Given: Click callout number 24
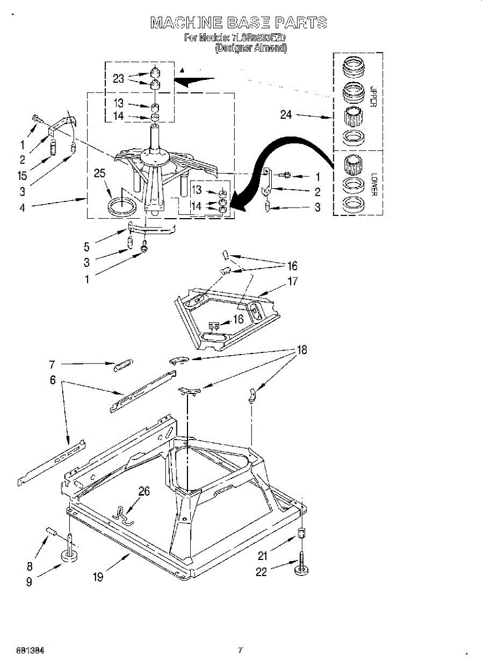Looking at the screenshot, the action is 286,115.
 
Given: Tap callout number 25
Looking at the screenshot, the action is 99,174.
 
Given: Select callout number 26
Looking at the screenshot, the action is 144,491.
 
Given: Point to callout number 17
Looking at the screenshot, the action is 292,281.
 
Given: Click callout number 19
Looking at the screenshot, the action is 98,577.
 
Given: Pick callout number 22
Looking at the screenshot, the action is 261,572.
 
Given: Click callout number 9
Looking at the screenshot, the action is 29,582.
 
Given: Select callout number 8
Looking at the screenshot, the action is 29,567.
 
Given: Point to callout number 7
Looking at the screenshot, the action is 52,364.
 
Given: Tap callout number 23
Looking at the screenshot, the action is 118,79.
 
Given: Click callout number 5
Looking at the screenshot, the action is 87,246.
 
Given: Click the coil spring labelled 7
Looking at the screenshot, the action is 124,365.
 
